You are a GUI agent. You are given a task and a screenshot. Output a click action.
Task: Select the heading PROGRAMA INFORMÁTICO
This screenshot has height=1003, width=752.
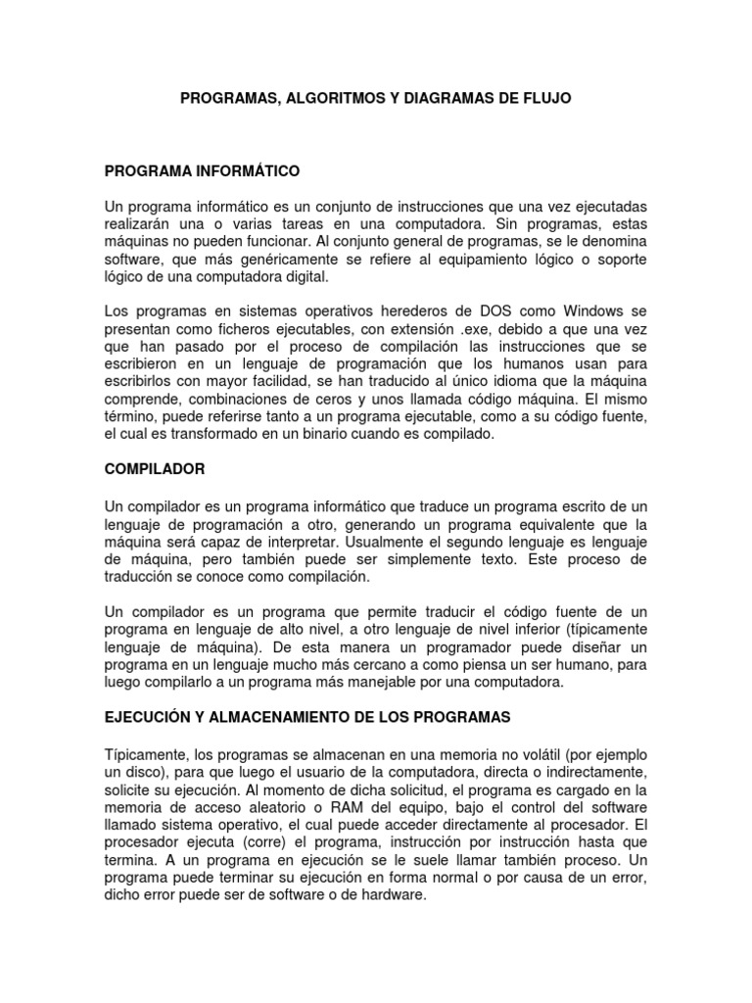202,171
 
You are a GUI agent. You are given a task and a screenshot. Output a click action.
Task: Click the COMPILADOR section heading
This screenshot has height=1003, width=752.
155,469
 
